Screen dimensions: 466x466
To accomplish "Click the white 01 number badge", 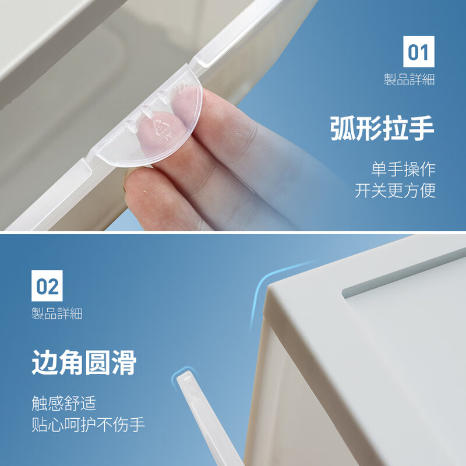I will click(419, 52).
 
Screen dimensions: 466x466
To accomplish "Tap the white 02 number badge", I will click(47, 286).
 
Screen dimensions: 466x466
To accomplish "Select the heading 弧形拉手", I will click(382, 129).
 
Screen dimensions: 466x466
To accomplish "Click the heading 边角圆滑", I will click(84, 363).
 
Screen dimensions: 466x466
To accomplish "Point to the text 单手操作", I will click(403, 170).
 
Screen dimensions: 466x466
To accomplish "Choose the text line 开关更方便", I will click(395, 190).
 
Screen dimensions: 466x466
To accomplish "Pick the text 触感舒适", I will click(63, 403).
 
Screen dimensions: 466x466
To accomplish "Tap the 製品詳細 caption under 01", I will click(409, 80).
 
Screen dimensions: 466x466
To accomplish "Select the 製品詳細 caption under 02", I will click(57, 314).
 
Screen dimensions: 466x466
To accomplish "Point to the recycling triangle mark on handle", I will click(158, 125).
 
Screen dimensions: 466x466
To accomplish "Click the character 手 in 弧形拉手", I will click(422, 129).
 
